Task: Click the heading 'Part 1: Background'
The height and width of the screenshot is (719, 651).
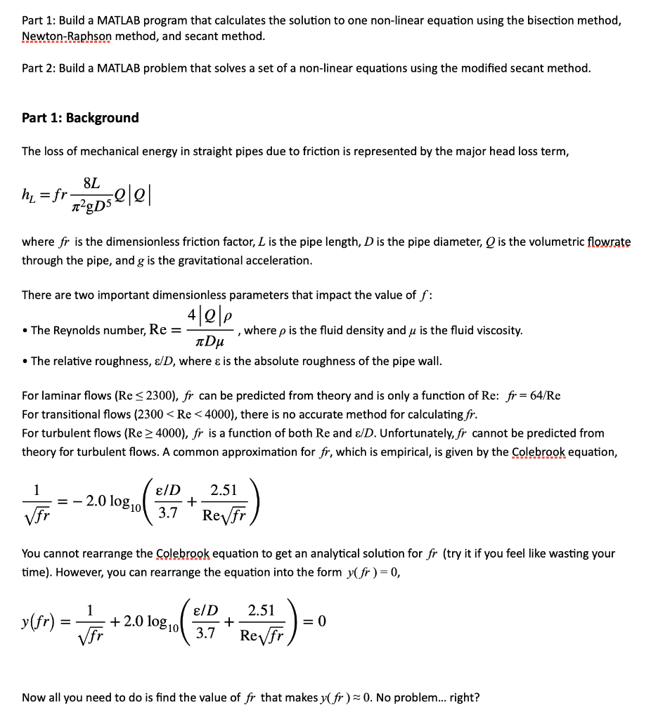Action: pos(80,118)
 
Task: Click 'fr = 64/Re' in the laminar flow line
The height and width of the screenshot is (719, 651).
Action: pos(534,395)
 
